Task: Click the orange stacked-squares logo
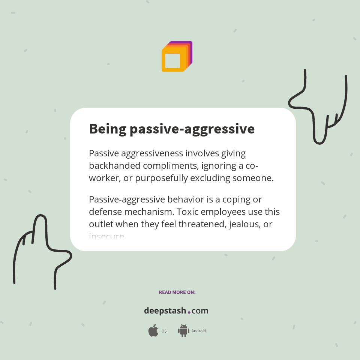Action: [177, 57]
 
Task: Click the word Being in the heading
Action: [107, 129]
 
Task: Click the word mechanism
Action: [150, 212]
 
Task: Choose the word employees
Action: [223, 212]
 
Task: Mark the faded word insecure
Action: [107, 236]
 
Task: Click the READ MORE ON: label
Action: [177, 292]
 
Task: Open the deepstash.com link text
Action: [176, 311]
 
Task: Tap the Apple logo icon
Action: [153, 331]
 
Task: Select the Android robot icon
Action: [183, 331]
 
